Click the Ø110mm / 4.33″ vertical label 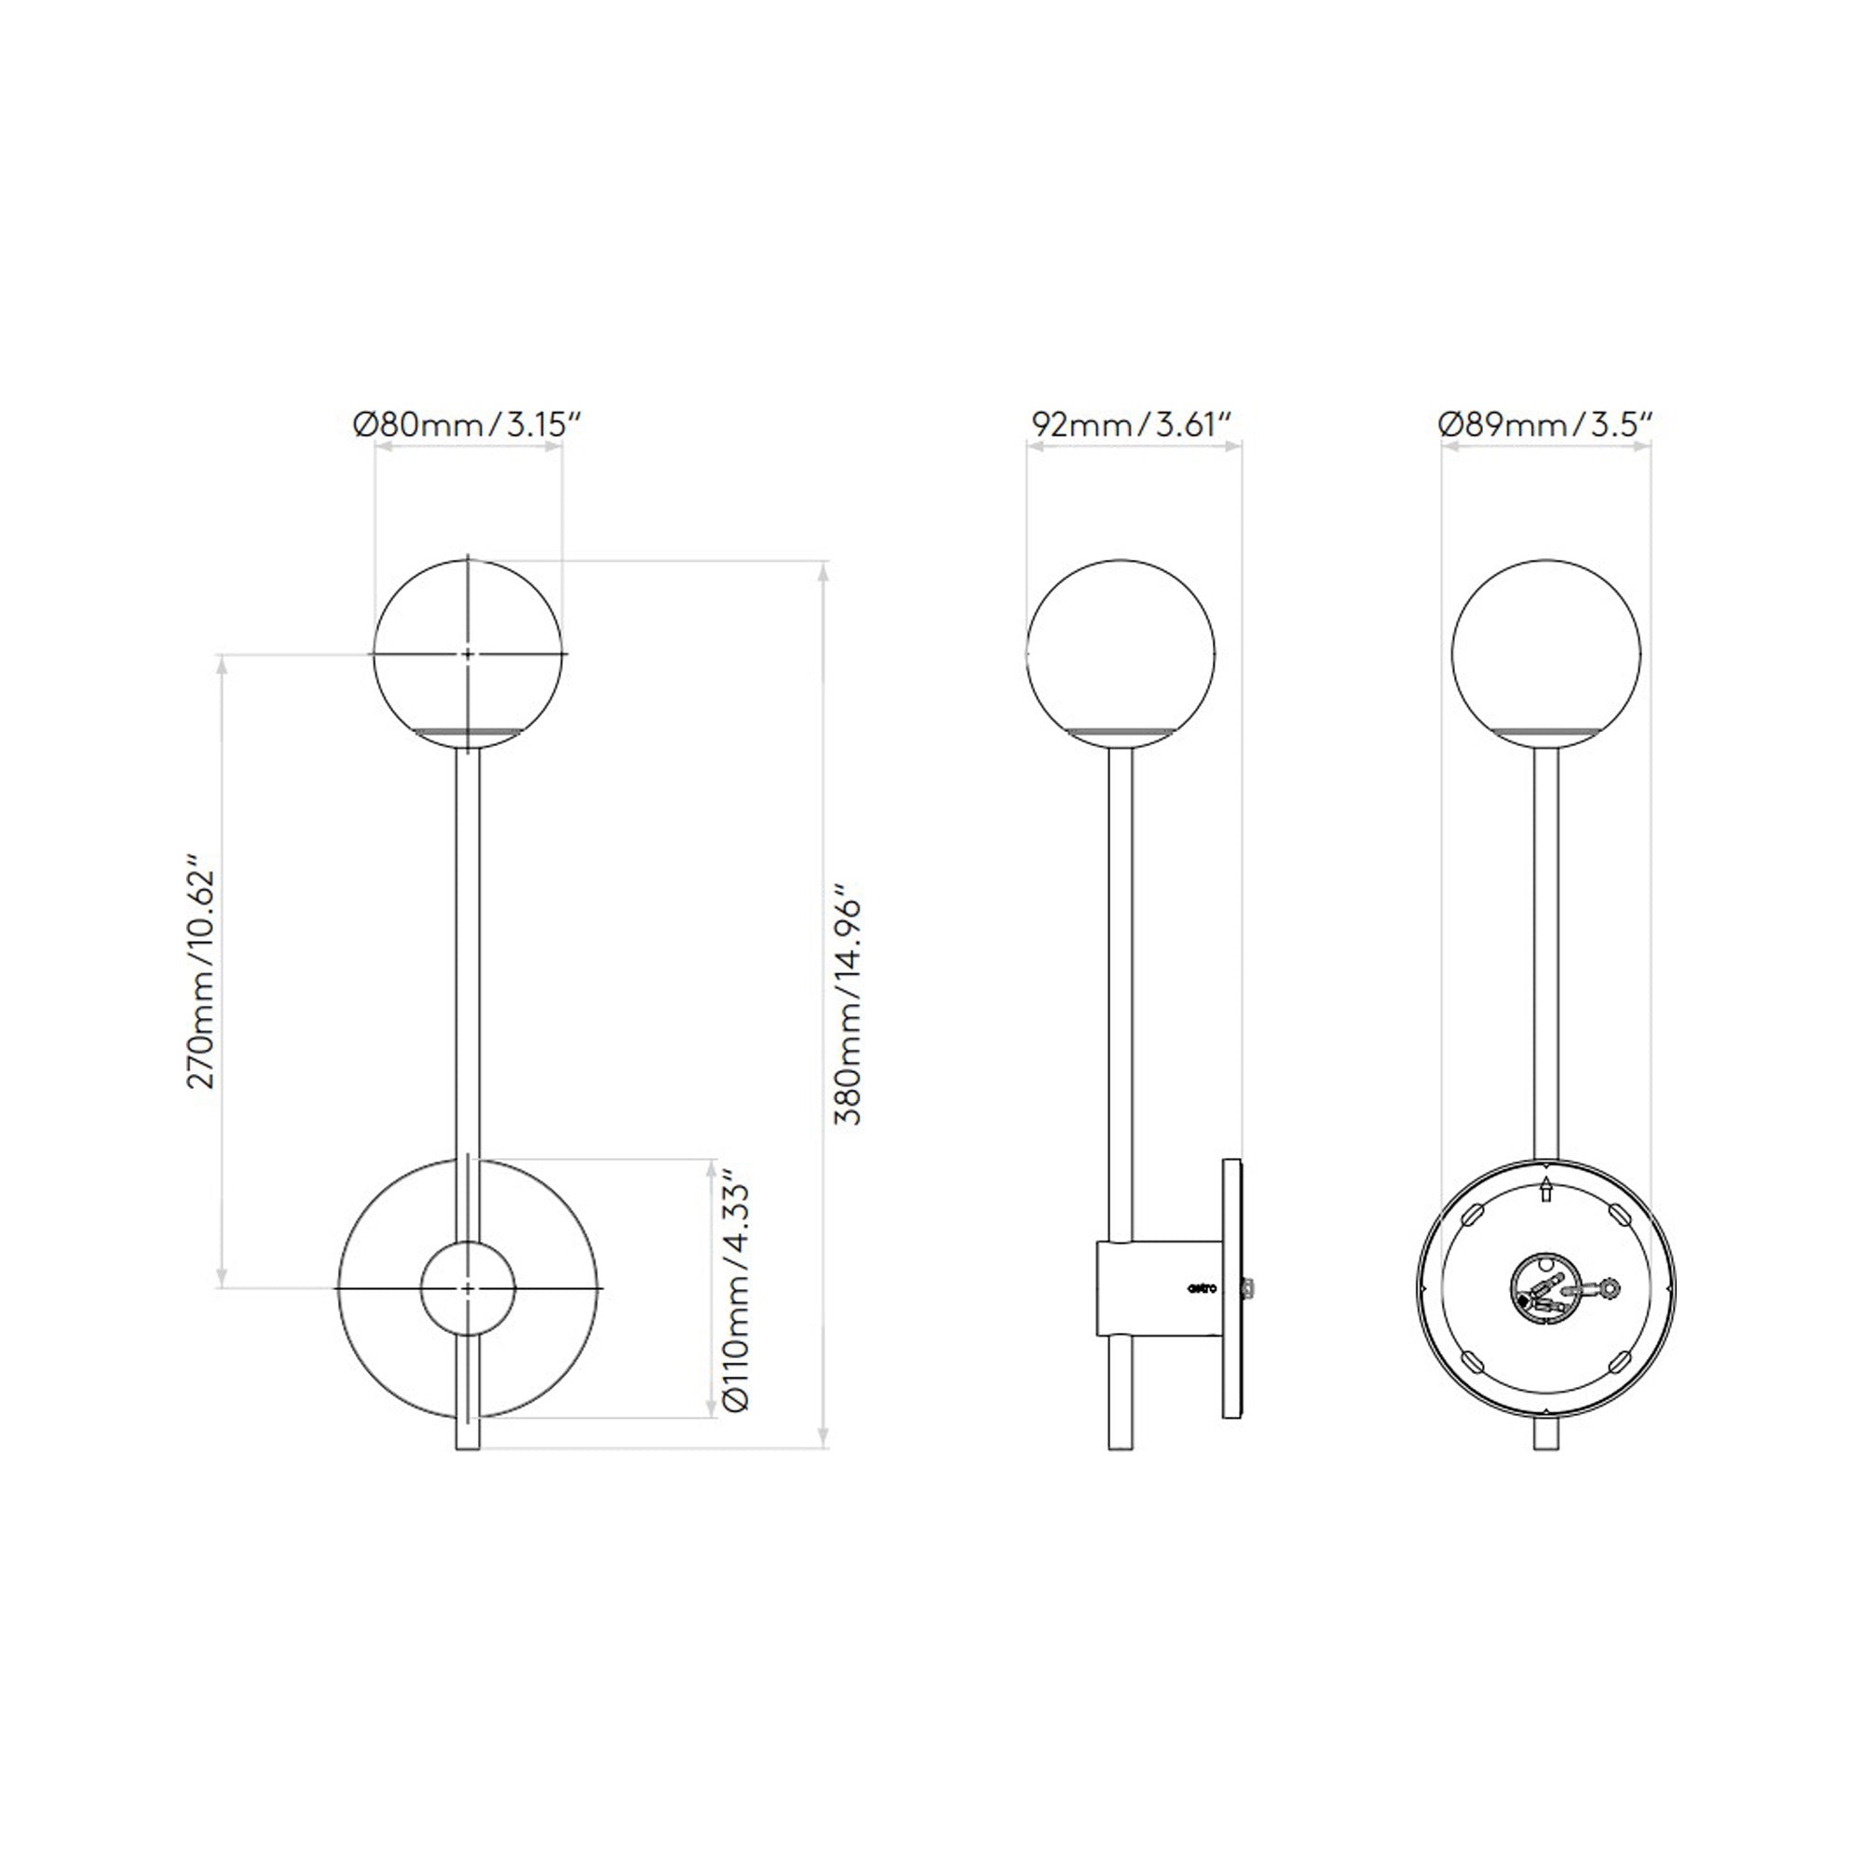(x=736, y=1292)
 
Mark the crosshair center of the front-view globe (x=468, y=654)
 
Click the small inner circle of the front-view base (x=468, y=1288)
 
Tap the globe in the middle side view (x=1121, y=655)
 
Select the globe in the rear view (x=1546, y=655)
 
